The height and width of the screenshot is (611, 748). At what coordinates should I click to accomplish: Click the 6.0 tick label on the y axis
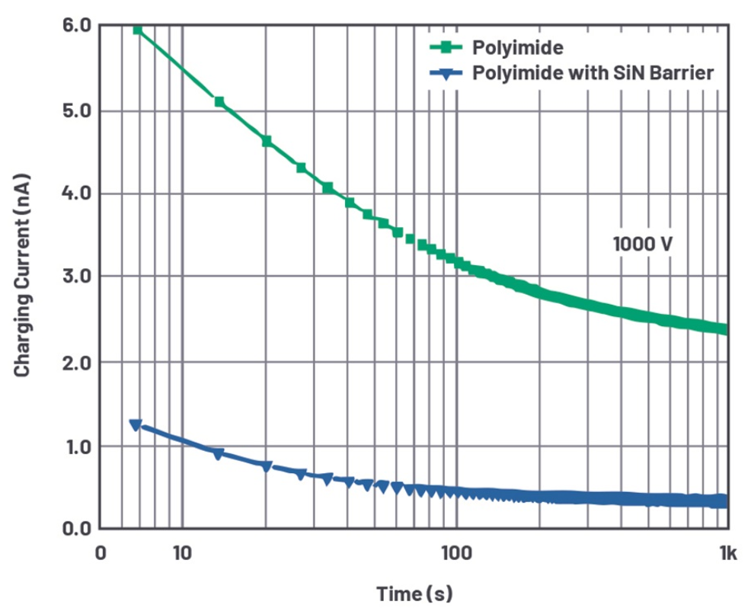click(76, 25)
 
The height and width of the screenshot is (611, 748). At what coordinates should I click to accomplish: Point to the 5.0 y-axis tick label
click(76, 110)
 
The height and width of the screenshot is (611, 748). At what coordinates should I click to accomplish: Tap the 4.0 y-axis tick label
click(76, 194)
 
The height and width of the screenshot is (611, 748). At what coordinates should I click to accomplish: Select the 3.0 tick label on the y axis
click(76, 276)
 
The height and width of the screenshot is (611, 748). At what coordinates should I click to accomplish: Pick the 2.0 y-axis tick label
click(76, 363)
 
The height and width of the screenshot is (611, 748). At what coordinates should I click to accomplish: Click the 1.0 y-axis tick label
click(76, 447)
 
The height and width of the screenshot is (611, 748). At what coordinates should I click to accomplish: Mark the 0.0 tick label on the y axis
click(76, 529)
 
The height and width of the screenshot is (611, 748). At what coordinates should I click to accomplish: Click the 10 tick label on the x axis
click(182, 553)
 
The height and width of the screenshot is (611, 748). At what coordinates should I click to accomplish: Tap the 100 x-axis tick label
click(456, 553)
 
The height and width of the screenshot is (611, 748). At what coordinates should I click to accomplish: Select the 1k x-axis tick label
click(728, 553)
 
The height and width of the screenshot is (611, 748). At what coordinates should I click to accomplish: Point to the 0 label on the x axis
click(101, 553)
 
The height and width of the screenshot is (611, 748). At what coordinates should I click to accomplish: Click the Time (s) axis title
click(414, 593)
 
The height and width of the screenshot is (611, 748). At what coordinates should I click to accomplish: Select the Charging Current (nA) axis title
click(22, 275)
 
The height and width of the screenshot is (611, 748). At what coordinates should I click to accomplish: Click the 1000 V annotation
click(643, 245)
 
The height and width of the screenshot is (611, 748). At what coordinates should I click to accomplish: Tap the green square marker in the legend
click(446, 46)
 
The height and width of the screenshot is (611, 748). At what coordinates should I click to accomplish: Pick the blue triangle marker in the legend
click(446, 74)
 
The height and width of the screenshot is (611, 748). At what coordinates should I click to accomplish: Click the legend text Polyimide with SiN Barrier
click(593, 73)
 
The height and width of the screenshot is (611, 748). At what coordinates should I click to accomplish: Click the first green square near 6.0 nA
click(138, 30)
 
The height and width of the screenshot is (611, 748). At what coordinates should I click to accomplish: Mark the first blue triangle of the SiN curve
click(136, 424)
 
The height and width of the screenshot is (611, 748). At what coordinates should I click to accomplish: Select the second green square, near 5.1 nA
click(219, 101)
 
